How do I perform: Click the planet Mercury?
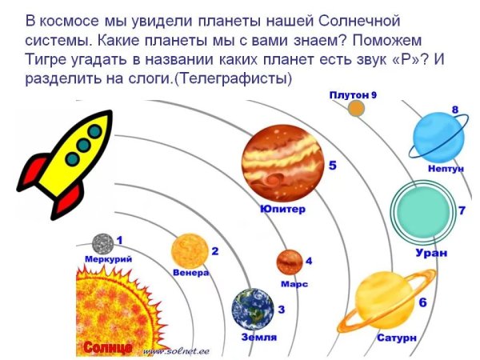tap(102, 242)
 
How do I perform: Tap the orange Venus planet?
tap(188, 250)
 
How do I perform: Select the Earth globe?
tap(251, 309)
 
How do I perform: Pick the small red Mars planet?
tap(289, 262)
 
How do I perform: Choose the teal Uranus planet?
tap(423, 210)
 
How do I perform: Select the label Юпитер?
tap(282, 210)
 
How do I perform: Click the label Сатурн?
tap(397, 338)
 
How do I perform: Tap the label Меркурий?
tap(108, 259)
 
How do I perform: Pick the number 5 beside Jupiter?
tap(332, 166)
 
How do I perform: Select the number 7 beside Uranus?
tap(462, 211)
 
